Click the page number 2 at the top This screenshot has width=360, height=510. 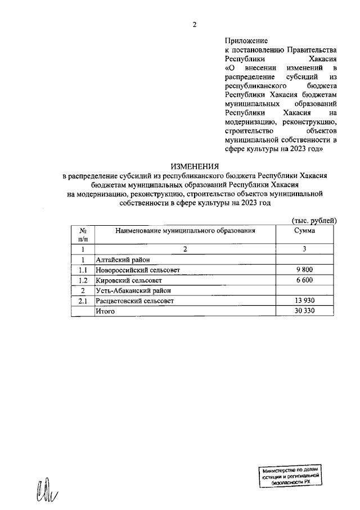point(195,24)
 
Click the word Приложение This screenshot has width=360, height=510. point(246,40)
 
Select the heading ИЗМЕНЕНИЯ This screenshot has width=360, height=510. point(195,166)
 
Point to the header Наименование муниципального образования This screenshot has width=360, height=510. point(185,230)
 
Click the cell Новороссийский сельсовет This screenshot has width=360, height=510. point(138,270)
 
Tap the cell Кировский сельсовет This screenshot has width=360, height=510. point(128,280)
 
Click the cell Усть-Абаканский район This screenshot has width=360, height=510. point(133,290)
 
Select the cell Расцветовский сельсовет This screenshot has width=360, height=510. point(135,301)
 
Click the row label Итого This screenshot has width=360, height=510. point(105,311)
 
